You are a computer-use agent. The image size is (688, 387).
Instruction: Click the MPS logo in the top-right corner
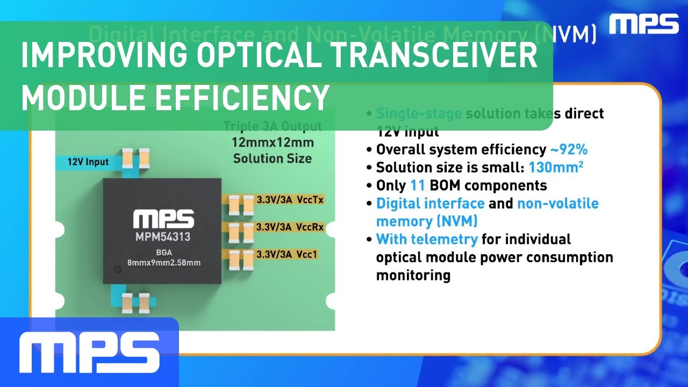click(644, 24)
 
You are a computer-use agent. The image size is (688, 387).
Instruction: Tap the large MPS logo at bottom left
click(89, 352)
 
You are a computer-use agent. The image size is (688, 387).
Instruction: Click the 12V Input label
click(88, 162)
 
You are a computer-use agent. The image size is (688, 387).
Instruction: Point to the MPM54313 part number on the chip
click(163, 236)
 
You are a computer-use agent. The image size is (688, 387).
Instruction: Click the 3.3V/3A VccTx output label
click(290, 200)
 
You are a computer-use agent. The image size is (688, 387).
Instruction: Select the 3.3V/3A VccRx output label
click(290, 227)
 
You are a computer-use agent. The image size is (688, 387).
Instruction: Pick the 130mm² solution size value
click(556, 167)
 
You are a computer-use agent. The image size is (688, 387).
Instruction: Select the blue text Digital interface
click(430, 204)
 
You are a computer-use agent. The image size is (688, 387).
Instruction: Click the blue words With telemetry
click(426, 239)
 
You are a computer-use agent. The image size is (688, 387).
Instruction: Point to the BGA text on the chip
click(162, 250)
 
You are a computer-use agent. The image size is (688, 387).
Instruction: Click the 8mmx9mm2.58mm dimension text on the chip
click(162, 263)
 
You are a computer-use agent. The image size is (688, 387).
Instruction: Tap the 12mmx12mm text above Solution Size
click(273, 143)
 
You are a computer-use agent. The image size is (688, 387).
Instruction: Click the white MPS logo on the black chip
click(163, 219)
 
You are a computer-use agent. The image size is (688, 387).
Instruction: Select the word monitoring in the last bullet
click(413, 275)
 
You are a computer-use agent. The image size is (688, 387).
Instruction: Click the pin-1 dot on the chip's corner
click(115, 268)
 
